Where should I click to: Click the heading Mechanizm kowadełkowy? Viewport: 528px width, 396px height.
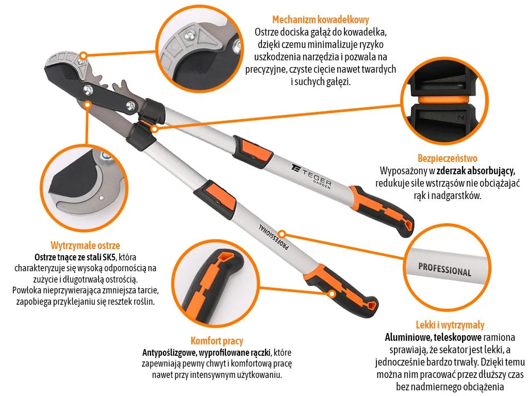point(321,20)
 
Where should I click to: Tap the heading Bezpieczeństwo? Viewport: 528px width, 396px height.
point(448,158)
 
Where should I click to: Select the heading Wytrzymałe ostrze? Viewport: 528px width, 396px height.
point(85,245)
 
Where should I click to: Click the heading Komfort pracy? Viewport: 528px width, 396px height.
point(217,341)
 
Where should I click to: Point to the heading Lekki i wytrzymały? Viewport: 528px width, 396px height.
point(450,325)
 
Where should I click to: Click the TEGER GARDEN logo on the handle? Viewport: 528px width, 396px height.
point(311,175)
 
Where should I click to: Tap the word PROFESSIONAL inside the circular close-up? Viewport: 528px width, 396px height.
point(444,270)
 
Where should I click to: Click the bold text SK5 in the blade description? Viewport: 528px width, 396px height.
point(109,258)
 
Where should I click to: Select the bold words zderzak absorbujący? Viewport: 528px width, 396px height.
point(476,171)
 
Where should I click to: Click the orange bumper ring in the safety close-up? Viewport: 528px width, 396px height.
point(443,100)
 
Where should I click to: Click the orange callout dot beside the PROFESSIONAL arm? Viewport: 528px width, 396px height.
point(283,234)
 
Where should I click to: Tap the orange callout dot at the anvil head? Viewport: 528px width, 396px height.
point(84,55)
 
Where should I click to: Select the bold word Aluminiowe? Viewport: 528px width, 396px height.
point(408,337)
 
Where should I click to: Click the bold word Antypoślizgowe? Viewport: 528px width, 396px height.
point(169,353)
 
